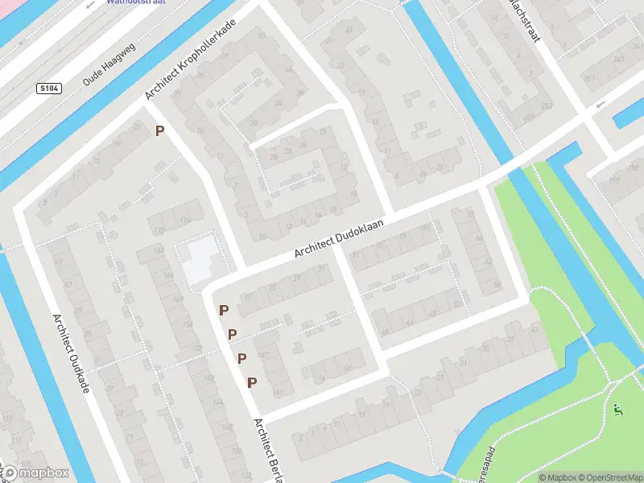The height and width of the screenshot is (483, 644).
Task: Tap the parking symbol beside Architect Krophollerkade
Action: pos(160,130)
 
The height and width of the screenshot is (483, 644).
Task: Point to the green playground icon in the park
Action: pos(617,410)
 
